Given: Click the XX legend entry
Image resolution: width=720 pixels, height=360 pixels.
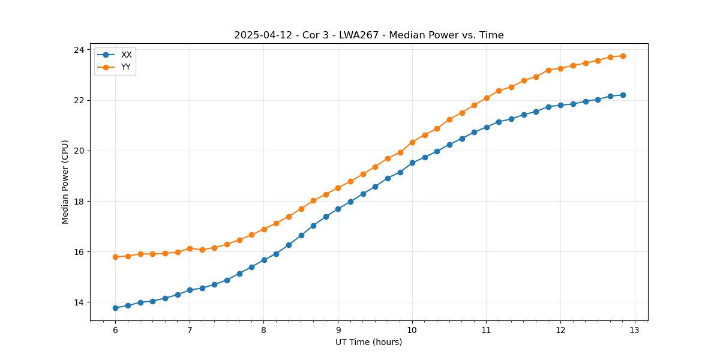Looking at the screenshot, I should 126,55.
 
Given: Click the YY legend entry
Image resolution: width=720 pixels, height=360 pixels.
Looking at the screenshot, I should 126,67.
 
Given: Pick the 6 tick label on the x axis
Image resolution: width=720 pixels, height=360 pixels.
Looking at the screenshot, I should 115,331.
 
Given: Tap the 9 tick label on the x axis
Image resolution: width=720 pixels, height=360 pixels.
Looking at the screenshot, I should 338,331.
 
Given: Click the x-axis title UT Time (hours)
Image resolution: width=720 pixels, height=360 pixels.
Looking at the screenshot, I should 368,342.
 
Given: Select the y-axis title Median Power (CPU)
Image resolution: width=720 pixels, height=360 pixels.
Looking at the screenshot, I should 65,182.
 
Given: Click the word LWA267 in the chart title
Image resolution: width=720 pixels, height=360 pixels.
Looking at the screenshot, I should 361,35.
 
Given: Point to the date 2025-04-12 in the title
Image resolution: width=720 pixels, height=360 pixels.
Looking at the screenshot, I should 263,35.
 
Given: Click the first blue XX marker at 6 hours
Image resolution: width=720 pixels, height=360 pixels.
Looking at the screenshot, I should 115,308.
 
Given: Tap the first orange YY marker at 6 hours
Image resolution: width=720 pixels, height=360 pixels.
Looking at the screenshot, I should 115,257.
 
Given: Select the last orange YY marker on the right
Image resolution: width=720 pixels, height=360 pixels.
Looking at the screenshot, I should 623,56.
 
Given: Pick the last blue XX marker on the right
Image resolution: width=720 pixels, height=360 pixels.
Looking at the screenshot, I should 623,95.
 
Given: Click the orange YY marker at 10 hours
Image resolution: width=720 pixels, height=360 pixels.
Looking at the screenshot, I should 412,142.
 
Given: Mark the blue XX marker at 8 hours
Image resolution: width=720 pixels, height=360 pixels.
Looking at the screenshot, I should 264,260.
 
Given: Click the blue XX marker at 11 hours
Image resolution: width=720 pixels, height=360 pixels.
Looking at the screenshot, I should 487,127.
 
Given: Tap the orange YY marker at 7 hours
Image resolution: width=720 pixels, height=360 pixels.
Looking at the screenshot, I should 190,248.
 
